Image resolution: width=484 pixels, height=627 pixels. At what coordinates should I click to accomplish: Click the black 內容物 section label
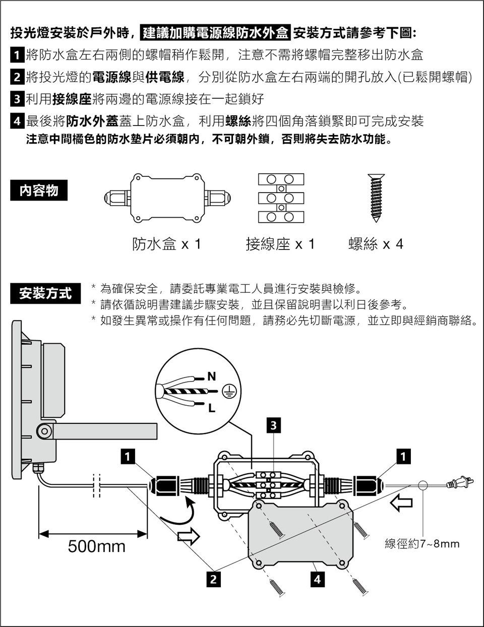(x=39, y=191)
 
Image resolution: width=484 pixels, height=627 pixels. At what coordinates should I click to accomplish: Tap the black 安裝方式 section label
(x=46, y=293)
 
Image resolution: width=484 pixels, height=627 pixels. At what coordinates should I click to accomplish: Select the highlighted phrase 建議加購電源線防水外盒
(x=216, y=33)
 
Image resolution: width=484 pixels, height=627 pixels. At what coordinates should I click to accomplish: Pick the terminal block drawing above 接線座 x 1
(x=281, y=198)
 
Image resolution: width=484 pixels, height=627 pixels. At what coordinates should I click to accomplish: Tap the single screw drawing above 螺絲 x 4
(x=376, y=198)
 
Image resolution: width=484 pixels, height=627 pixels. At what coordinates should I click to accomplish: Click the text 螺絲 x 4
(x=376, y=244)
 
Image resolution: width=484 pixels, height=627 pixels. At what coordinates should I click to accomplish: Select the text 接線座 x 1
(x=280, y=244)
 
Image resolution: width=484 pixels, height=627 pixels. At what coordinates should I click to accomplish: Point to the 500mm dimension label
(x=97, y=546)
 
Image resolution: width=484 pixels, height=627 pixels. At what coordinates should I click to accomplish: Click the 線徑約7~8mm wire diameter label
(x=422, y=544)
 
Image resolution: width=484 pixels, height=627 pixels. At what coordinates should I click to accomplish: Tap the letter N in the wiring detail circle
(x=211, y=377)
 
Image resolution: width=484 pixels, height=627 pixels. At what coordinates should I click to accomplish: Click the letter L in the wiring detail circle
(x=211, y=408)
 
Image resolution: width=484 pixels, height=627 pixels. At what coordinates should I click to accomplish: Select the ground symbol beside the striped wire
(x=230, y=392)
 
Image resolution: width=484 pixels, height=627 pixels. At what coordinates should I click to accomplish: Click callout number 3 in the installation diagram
(x=273, y=425)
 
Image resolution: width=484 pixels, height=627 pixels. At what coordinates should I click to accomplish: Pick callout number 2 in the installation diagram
(x=213, y=579)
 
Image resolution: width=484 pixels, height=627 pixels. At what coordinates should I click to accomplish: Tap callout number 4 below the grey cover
(x=317, y=579)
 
